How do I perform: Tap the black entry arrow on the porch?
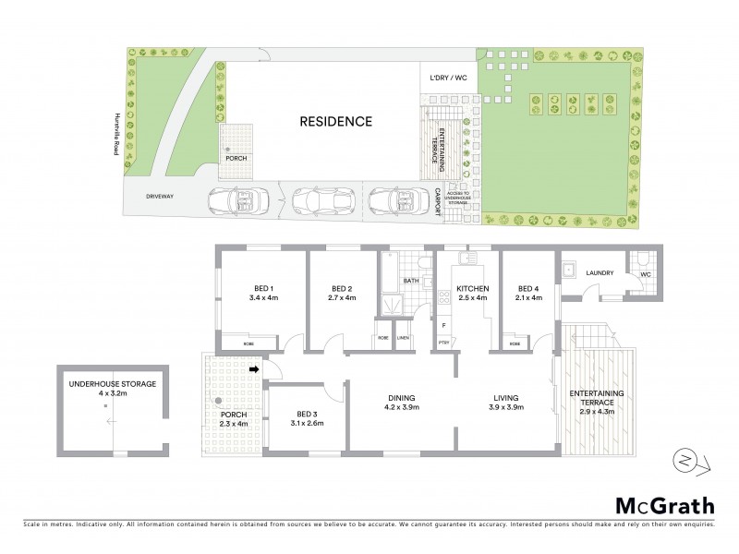(255, 371)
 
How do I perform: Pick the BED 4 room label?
(527, 287)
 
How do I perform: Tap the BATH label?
(411, 281)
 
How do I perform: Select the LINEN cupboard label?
(403, 338)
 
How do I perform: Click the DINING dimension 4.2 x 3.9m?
(403, 407)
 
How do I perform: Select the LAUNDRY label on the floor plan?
(600, 272)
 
